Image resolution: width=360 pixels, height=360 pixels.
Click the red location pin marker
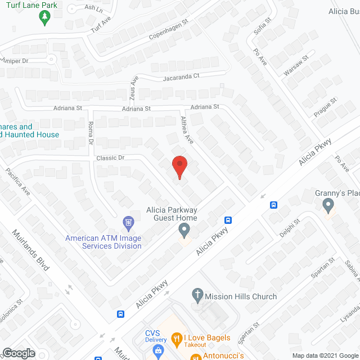(179, 166)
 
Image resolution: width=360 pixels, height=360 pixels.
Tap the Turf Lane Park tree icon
(44, 18)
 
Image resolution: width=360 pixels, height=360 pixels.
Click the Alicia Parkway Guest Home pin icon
(183, 229)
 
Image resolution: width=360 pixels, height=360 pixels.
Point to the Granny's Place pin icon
(329, 206)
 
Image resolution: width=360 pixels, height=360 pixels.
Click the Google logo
(18, 353)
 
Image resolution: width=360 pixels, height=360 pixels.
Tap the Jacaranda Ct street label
(182, 78)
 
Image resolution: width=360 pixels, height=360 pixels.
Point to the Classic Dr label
(110, 158)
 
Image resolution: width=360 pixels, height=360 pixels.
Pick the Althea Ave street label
(187, 130)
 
